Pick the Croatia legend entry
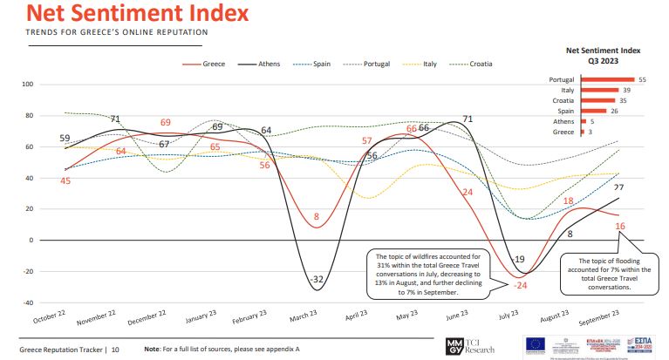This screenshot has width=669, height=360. click(481, 64)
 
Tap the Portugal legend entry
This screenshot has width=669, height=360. click(376, 64)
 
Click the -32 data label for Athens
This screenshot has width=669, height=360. click(317, 279)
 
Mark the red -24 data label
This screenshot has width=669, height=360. click(522, 285)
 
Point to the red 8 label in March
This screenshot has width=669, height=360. click(316, 216)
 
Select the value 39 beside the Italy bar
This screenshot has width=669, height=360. click(625, 91)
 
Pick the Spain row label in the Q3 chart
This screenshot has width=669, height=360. click(564, 111)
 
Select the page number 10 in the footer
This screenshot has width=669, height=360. click(115, 350)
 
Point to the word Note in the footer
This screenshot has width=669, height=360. click(153, 350)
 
